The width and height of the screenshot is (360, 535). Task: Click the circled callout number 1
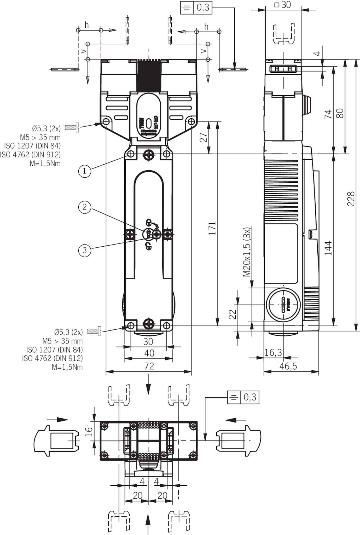tap(84, 171)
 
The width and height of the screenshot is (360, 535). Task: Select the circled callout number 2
tap(84, 207)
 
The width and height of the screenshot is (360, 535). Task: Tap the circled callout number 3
tap(84, 250)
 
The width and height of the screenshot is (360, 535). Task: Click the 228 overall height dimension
tap(351, 199)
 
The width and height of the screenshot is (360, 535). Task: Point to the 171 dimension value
tap(212, 228)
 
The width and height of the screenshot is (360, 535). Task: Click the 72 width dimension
tap(149, 366)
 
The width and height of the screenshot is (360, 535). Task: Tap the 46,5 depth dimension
tap(288, 366)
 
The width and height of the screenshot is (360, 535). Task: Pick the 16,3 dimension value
tap(273, 353)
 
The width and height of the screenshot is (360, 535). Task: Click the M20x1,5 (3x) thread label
tap(247, 252)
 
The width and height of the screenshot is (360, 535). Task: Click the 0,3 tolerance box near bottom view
tap(243, 397)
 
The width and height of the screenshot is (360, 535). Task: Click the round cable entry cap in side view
tap(283, 305)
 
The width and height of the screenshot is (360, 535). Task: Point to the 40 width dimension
tap(149, 353)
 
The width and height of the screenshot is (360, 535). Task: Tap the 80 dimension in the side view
tap(340, 113)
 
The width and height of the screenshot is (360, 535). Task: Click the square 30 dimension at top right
tap(283, 4)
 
